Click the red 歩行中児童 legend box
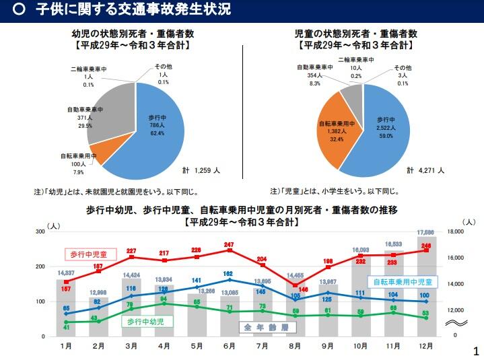90,254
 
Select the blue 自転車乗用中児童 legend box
403,282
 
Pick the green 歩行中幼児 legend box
145,322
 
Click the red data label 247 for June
229,244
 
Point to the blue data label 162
229,274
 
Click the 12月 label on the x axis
426,346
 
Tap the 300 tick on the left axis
40,231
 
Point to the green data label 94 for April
164,298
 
